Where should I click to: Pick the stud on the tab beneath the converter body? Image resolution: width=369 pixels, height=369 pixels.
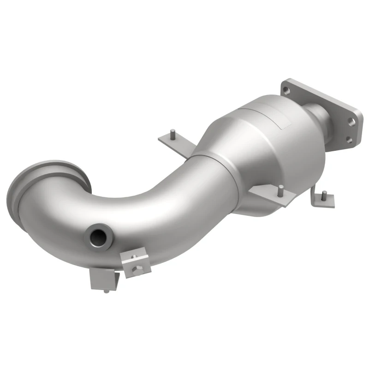pyautogui.click(x=280, y=188)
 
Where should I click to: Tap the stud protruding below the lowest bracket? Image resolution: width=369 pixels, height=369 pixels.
pyautogui.click(x=107, y=291)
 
